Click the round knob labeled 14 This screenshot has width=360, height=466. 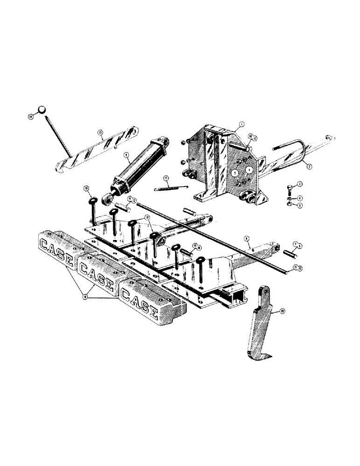click(x=42, y=110)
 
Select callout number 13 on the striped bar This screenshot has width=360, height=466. click(x=100, y=132)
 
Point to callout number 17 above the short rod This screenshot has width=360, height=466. click(x=166, y=178)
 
